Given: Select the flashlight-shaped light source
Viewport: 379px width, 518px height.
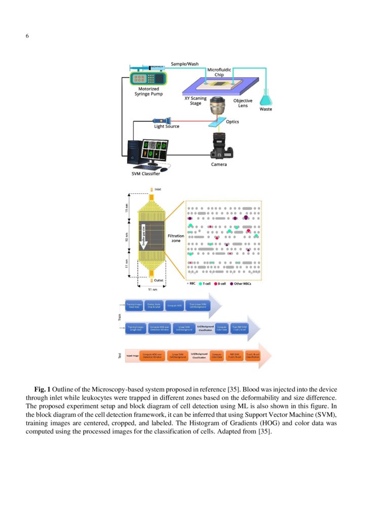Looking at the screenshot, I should [164, 121].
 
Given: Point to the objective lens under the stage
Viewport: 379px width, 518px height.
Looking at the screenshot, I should [220, 106].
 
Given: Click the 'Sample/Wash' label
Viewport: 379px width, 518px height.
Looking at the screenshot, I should [184, 64].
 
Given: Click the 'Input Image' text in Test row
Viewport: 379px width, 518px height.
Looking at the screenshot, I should [132, 356].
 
